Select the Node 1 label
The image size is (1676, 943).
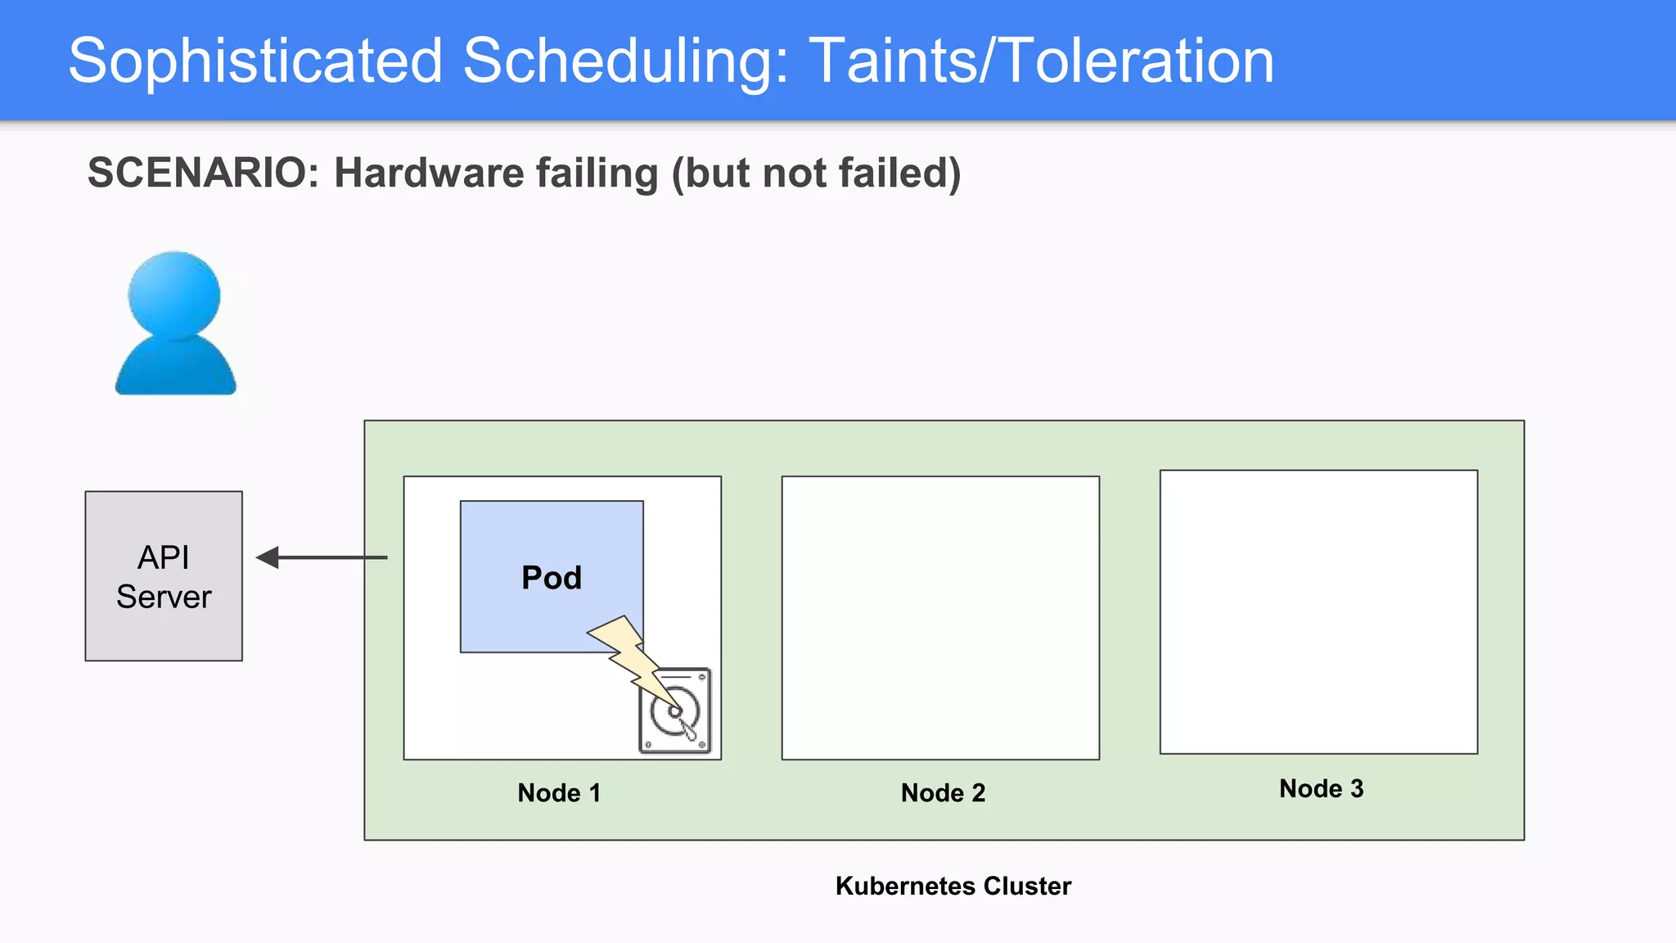click(559, 792)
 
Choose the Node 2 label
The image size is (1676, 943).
click(943, 792)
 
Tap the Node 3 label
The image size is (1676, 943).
click(1321, 788)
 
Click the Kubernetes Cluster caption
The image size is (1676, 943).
click(953, 886)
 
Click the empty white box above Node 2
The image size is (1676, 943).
click(940, 618)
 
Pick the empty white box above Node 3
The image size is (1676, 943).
click(1318, 611)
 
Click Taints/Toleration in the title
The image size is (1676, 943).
click(1041, 61)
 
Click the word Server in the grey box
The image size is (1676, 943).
click(164, 597)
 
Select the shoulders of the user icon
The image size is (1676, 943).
click(175, 368)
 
